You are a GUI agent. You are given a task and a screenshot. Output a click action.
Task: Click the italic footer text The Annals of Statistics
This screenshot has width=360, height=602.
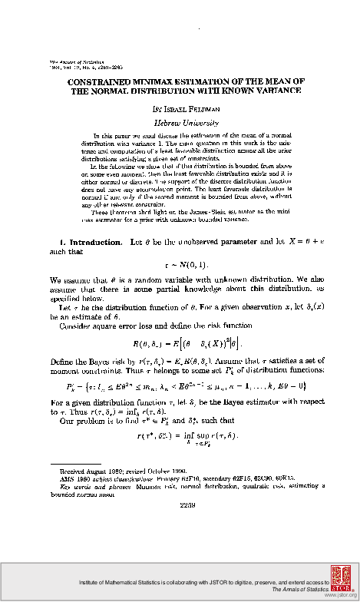[292, 591]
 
